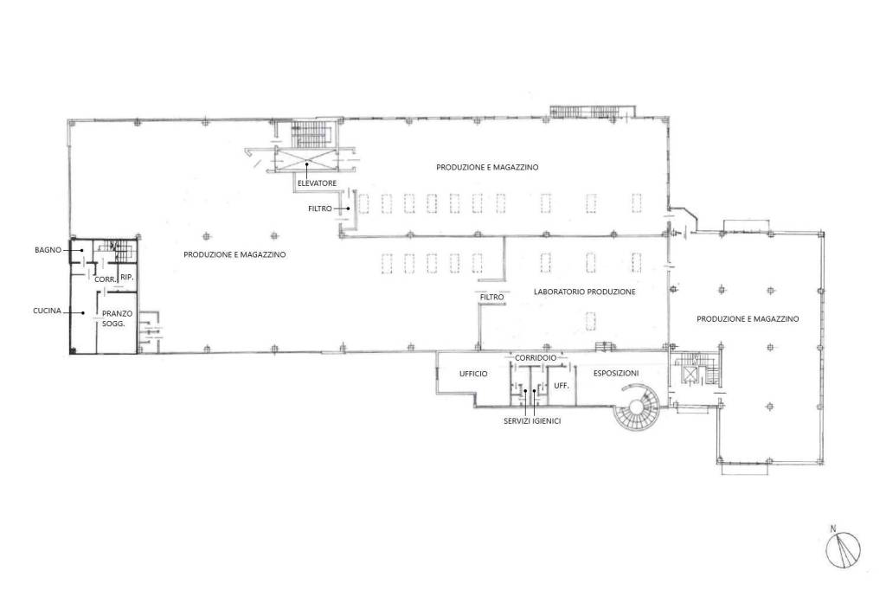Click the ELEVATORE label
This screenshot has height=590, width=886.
point(317,183)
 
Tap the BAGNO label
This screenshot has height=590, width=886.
point(48,250)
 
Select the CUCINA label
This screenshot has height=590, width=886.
point(47,311)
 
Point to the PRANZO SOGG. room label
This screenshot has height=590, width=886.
point(117,318)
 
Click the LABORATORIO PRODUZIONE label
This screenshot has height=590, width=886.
point(585,292)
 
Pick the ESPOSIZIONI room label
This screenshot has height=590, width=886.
point(616,373)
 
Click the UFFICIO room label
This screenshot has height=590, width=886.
point(473,374)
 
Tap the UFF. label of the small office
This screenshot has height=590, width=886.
point(561,386)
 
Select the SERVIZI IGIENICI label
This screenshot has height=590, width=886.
point(532,421)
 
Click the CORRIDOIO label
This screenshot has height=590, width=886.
point(536,358)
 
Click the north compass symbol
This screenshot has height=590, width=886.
point(843,550)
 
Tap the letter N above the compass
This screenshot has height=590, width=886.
point(833,529)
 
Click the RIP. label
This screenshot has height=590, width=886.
point(127,278)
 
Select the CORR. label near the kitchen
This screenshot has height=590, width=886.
point(106,279)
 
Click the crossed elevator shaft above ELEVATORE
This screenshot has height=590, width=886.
point(306,159)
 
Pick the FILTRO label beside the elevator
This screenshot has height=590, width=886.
point(320,208)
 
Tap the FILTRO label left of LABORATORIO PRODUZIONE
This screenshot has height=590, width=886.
point(491,297)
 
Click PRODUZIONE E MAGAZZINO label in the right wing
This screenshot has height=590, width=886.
point(748,318)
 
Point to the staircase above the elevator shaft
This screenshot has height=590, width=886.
point(309,133)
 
